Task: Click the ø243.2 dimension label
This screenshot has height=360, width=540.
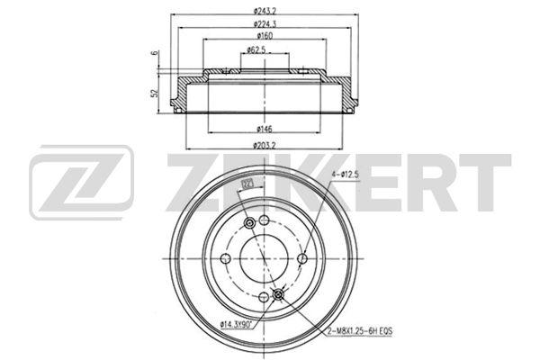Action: point(265,12)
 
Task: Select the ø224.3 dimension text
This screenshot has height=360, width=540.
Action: point(265,24)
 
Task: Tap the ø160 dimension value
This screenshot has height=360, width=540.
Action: point(265,36)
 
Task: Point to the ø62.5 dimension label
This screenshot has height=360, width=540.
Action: point(256,50)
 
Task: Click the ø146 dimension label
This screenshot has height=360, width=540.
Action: point(265,130)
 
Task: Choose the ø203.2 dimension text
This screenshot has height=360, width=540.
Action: point(265,146)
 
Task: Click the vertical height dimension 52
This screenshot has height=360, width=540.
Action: point(156,93)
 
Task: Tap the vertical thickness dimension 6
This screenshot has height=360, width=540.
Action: point(156,53)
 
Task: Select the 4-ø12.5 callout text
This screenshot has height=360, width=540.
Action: point(345,175)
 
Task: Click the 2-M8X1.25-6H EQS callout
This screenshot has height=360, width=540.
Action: point(359,331)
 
